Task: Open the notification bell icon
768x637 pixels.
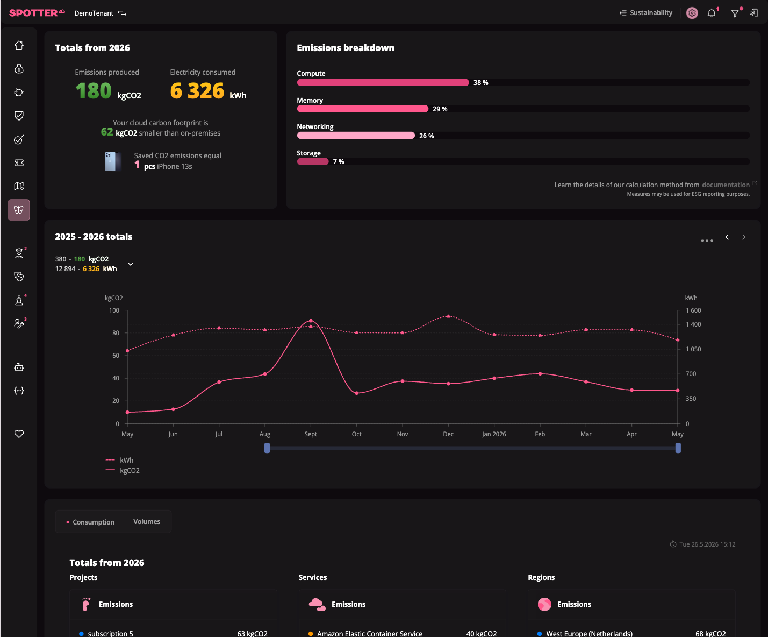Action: [712, 13]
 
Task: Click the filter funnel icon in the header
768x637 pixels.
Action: [735, 13]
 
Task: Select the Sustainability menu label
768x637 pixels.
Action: [651, 13]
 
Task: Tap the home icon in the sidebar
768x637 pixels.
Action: [19, 45]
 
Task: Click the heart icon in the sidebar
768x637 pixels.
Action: [19, 434]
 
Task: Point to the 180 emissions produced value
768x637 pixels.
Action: [94, 90]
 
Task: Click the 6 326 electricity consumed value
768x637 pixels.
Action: [197, 90]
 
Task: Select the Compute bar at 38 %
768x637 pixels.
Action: [383, 82]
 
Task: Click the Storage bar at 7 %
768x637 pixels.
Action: [313, 161]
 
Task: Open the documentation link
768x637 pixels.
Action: [726, 185]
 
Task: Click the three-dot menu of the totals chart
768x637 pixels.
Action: [707, 241]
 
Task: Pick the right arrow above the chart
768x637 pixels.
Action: [744, 237]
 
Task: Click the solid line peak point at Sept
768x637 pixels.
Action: [311, 321]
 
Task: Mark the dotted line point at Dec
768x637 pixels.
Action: [448, 316]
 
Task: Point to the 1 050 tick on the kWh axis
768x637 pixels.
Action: [693, 349]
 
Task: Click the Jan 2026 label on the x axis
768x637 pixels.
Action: [494, 434]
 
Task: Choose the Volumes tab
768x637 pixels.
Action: [147, 522]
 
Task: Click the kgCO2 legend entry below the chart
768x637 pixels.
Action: [123, 471]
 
